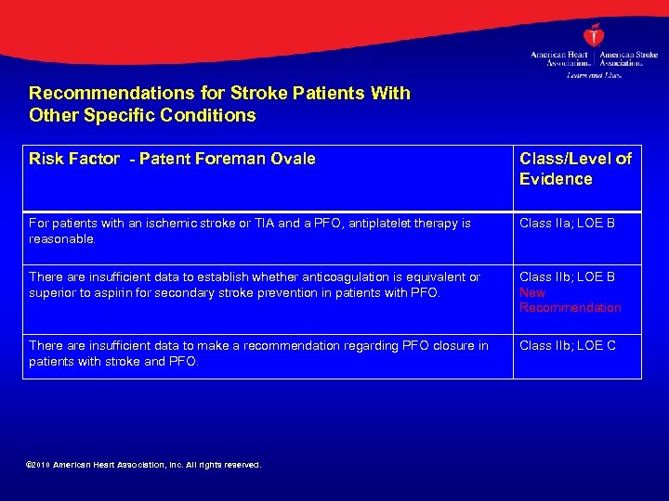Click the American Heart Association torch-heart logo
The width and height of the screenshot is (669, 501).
click(x=593, y=35)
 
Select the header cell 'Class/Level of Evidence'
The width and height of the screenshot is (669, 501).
click(x=575, y=169)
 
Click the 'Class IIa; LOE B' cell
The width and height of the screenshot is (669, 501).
click(x=567, y=224)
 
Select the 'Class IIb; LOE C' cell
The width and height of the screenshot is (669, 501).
click(x=568, y=346)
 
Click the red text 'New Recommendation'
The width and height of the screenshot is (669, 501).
click(x=570, y=300)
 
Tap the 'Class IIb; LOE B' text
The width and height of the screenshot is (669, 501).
click(x=567, y=277)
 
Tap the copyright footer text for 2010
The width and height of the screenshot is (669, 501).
click(x=145, y=465)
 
